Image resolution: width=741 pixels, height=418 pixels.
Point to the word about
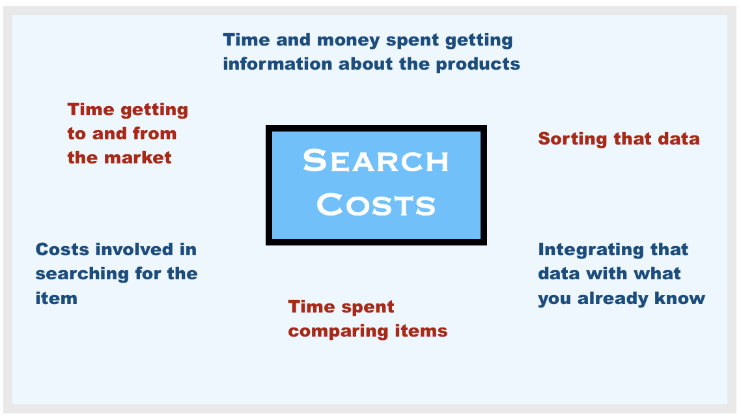tap(366, 64)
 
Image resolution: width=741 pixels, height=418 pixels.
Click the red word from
tap(154, 133)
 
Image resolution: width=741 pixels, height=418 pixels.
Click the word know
tap(680, 298)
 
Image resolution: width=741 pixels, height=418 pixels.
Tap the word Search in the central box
tap(376, 161)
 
